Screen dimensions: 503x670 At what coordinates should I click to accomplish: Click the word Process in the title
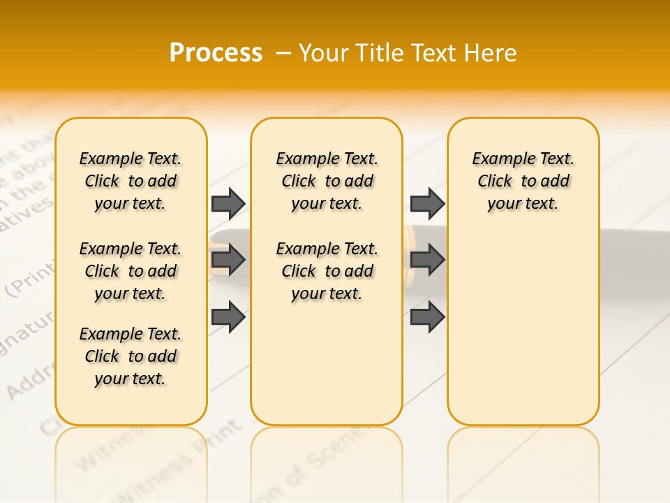click(216, 53)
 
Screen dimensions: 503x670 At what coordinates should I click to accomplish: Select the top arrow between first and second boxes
click(228, 203)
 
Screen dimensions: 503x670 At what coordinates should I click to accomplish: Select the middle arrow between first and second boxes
click(228, 260)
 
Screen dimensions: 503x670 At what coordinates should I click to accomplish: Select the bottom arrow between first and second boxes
click(228, 317)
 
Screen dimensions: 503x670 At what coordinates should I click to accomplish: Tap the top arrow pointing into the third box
click(427, 203)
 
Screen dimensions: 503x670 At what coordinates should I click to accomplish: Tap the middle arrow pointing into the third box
click(427, 260)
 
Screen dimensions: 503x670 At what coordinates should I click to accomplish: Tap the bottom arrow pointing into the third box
click(427, 317)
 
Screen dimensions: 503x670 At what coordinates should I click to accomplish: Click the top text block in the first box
click(131, 181)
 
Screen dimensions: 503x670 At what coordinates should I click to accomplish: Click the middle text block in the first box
click(131, 271)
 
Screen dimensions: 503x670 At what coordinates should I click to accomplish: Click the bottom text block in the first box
click(131, 356)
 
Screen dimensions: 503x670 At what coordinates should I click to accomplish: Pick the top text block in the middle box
click(327, 181)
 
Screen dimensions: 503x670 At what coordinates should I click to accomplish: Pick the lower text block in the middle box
click(327, 271)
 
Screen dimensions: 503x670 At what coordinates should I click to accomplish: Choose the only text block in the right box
click(523, 181)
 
